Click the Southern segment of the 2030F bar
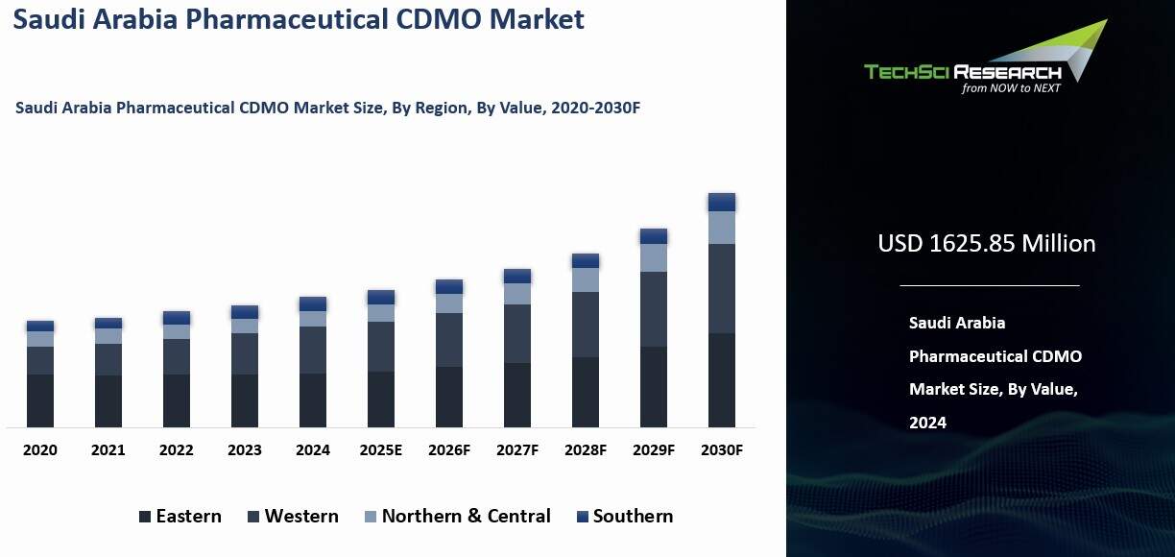tap(722, 202)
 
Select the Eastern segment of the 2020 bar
tap(40, 400)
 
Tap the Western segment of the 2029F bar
tap(654, 309)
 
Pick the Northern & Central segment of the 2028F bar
tap(586, 279)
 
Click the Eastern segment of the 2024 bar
tap(313, 400)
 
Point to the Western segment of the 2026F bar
tap(449, 340)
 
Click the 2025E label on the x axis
tap(381, 449)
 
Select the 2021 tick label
tap(108, 449)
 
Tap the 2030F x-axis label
tap(722, 449)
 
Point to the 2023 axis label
tap(245, 449)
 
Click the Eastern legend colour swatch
tap(145, 517)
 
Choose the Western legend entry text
tap(301, 516)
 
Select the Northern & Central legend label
tap(467, 516)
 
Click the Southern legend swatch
tap(582, 517)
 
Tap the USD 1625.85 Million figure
tap(986, 243)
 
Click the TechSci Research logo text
tap(962, 72)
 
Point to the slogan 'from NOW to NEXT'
tap(1011, 87)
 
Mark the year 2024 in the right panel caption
tap(927, 422)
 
